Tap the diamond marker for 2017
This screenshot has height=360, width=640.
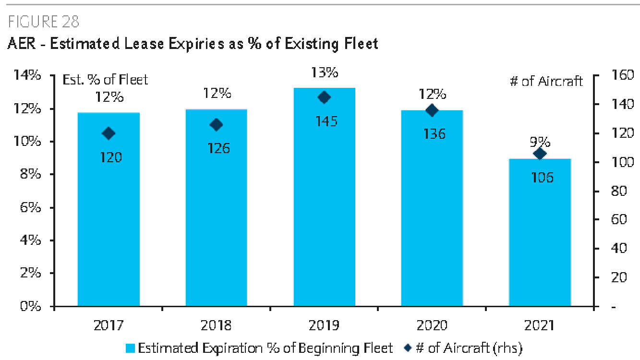click(x=109, y=133)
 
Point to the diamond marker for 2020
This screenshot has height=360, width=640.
click(x=432, y=110)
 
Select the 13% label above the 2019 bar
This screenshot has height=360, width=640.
click(x=324, y=72)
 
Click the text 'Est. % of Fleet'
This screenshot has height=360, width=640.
click(x=106, y=80)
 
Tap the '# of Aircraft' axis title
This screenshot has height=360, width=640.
click(x=546, y=81)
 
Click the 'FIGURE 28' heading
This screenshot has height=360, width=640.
click(x=43, y=22)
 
